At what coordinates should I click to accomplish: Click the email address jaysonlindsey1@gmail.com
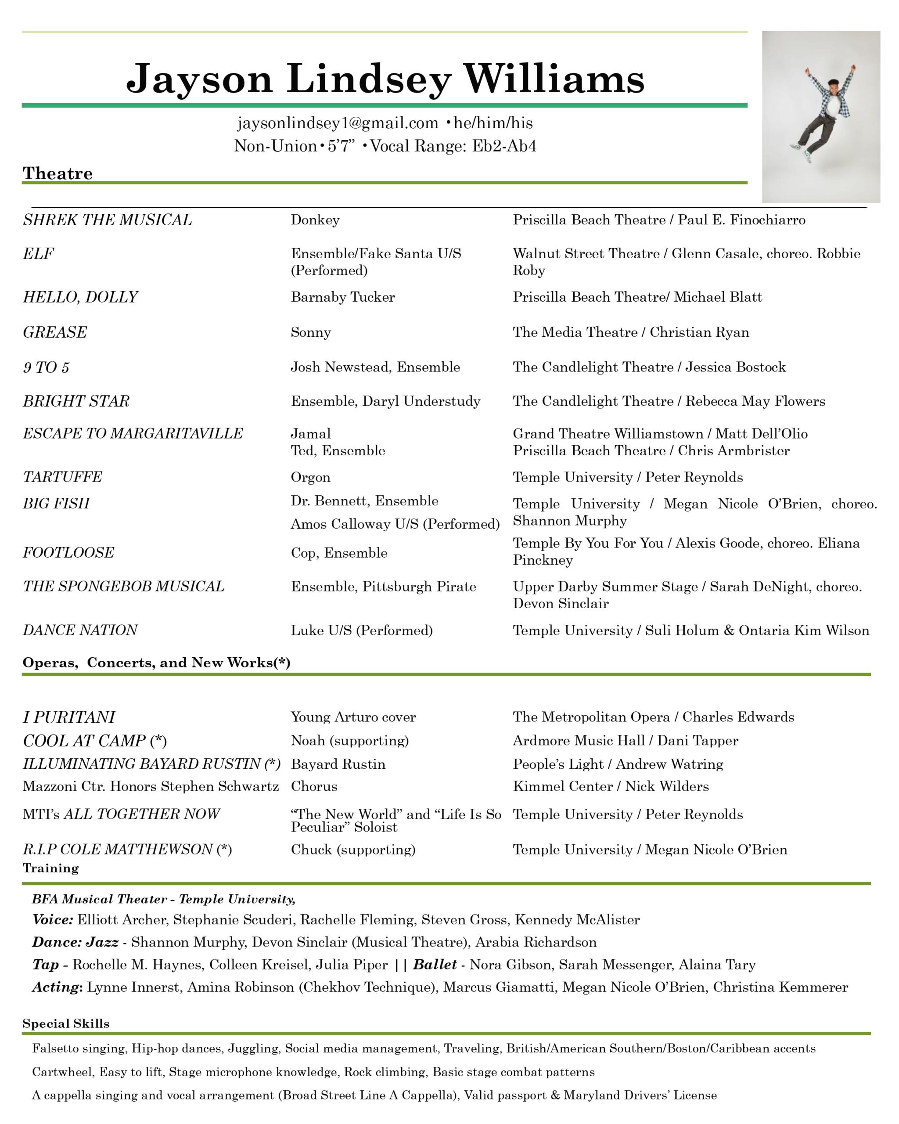[338, 123]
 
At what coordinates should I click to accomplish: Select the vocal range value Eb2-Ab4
[504, 146]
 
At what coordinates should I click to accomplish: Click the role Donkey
[315, 220]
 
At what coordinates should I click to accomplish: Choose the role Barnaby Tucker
[342, 297]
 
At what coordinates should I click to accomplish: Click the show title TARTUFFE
[62, 477]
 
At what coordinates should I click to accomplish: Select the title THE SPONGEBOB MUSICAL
[123, 587]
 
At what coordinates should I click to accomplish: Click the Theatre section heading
[58, 173]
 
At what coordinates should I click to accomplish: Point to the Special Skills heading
[66, 1023]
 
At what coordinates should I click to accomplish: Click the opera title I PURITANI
[69, 717]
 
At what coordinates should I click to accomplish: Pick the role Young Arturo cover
[353, 717]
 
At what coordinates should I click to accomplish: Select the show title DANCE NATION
[80, 630]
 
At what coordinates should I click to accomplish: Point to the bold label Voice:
[53, 920]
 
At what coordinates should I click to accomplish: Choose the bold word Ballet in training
[435, 965]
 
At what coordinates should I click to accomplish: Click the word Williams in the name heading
[554, 79]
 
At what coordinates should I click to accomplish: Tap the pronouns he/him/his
[493, 123]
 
